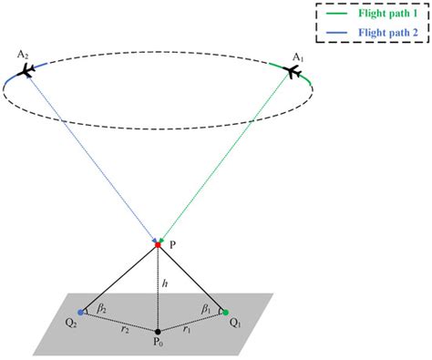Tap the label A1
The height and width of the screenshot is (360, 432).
pos(296,57)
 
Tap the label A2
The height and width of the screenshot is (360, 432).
pos(22,56)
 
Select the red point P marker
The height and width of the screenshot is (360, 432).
pos(157,244)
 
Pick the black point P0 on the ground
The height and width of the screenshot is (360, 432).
pos(158,330)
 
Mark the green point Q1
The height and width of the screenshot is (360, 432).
pos(224,313)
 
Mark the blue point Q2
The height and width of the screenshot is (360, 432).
pos(82,314)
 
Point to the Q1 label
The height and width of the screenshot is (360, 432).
pos(235,324)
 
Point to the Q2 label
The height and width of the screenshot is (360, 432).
pos(70,324)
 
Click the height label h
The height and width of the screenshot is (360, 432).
pos(165,284)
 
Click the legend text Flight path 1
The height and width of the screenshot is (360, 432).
pos(377,15)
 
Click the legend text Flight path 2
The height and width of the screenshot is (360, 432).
pos(377,32)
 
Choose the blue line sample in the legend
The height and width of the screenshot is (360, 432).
pos(335,32)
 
